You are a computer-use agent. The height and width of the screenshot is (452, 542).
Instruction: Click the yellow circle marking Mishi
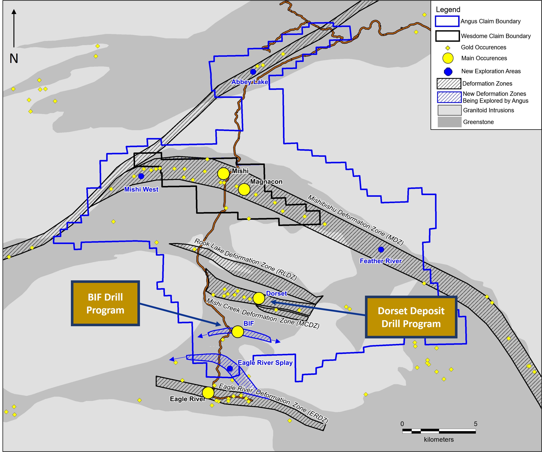click(223, 173)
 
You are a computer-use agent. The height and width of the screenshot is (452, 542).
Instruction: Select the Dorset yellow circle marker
click(259, 298)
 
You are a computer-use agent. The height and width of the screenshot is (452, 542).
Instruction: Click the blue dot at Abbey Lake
click(253, 72)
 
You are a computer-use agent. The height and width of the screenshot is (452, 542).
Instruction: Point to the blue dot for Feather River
click(381, 250)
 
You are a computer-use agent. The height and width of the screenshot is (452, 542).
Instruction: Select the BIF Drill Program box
click(105, 303)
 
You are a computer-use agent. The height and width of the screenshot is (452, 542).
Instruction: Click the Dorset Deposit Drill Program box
click(411, 317)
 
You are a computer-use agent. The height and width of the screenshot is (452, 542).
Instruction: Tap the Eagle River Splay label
click(265, 363)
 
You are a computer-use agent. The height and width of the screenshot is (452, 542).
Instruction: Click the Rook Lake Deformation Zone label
click(245, 259)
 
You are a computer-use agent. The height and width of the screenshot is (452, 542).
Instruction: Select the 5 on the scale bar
click(475, 424)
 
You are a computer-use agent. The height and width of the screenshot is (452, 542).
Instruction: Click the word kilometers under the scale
click(439, 439)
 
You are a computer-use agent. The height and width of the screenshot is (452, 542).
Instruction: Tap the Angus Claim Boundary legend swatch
click(447, 21)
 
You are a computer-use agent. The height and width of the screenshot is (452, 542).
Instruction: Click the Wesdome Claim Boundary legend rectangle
click(447, 36)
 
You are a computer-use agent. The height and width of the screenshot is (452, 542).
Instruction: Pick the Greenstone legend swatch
click(449, 122)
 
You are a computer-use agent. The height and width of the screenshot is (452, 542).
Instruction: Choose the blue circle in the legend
click(448, 71)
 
